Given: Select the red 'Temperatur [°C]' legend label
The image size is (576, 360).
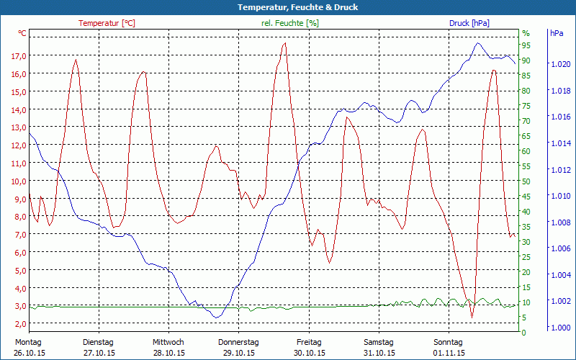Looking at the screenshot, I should pyautogui.click(x=107, y=23).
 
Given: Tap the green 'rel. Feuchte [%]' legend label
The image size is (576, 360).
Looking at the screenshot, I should pyautogui.click(x=290, y=23).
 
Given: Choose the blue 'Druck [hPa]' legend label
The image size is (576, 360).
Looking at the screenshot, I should pyautogui.click(x=469, y=23).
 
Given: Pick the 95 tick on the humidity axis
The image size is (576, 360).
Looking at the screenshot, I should pyautogui.click(x=526, y=45).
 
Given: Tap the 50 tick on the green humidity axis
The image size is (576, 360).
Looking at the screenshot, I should pyautogui.click(x=526, y=181).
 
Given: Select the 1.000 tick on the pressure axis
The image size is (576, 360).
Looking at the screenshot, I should pyautogui.click(x=560, y=328).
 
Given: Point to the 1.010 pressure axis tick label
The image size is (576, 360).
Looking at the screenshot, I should pyautogui.click(x=560, y=196).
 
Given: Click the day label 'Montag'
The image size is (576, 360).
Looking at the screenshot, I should pyautogui.click(x=27, y=342).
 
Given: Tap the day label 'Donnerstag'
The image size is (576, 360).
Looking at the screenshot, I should pyautogui.click(x=238, y=342).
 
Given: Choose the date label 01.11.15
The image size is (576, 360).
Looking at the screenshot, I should pyautogui.click(x=449, y=353).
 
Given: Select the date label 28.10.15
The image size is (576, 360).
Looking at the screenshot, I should pyautogui.click(x=168, y=353).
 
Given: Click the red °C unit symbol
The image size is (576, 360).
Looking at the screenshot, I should pyautogui.click(x=22, y=33).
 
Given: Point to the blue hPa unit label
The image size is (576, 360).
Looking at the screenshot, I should pyautogui.click(x=557, y=33).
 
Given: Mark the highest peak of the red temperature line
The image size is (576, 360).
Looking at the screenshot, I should pyautogui.click(x=285, y=43).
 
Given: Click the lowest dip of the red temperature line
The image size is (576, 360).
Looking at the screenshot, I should pyautogui.click(x=472, y=317).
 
